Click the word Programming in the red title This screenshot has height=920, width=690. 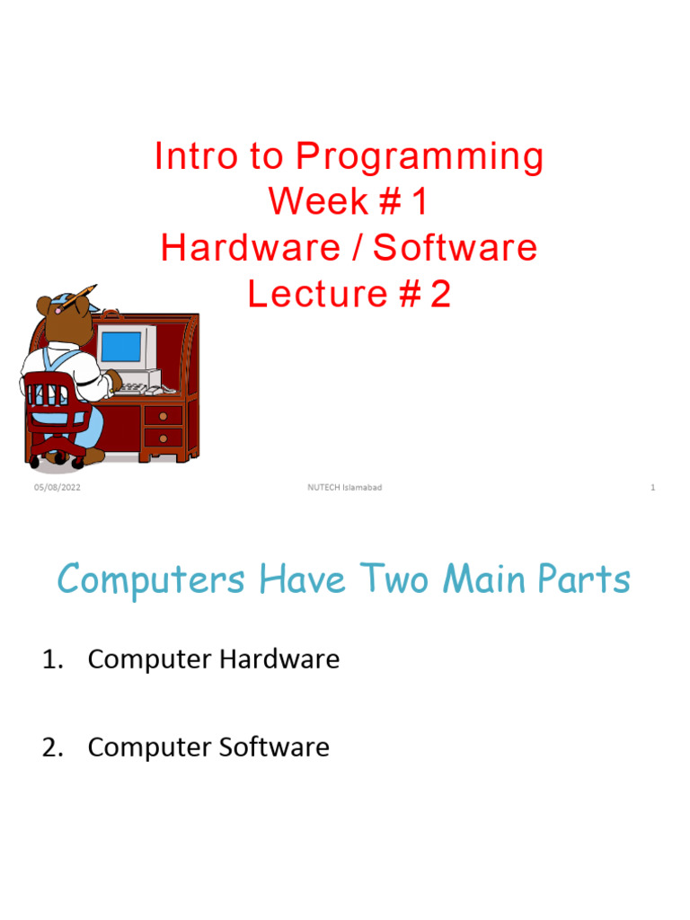[x=420, y=158]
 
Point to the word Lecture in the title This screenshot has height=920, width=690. [x=304, y=294]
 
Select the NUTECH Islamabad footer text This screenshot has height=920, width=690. [x=345, y=487]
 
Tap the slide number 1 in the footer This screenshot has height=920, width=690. [x=652, y=487]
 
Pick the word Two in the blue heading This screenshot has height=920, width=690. [x=402, y=579]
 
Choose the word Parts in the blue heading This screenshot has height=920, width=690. [x=583, y=579]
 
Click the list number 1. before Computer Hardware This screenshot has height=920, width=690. [x=54, y=659]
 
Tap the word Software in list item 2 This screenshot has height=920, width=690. [x=278, y=747]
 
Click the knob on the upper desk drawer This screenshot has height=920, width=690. [x=163, y=415]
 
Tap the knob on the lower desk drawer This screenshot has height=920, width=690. [x=163, y=438]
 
